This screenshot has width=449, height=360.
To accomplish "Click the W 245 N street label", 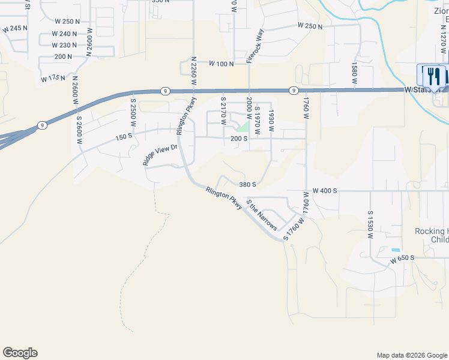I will (x=15, y=28).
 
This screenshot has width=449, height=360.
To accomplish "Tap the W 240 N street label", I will (x=65, y=34).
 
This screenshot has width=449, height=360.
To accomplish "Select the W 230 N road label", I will (x=64, y=45).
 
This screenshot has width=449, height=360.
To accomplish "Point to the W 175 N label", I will (x=53, y=78).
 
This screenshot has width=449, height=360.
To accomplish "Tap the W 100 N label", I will (x=221, y=63).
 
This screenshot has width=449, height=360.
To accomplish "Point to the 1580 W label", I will (x=354, y=72).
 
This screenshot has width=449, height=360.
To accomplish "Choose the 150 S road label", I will (x=123, y=137).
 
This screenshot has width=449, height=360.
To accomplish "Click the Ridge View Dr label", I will (x=160, y=154).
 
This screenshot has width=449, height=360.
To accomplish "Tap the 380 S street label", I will (x=248, y=185).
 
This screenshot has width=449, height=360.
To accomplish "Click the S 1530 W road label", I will (x=370, y=224).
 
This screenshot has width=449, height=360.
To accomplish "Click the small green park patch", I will (x=242, y=127).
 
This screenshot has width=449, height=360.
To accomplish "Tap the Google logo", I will (x=20, y=353).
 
